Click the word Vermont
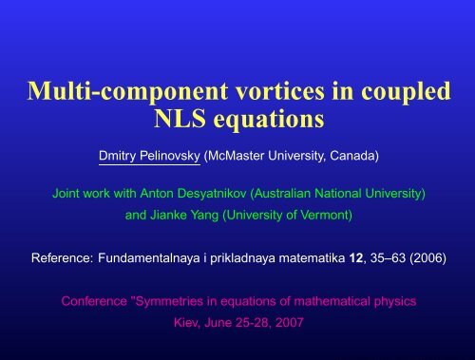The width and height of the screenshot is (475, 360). [321, 216]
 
